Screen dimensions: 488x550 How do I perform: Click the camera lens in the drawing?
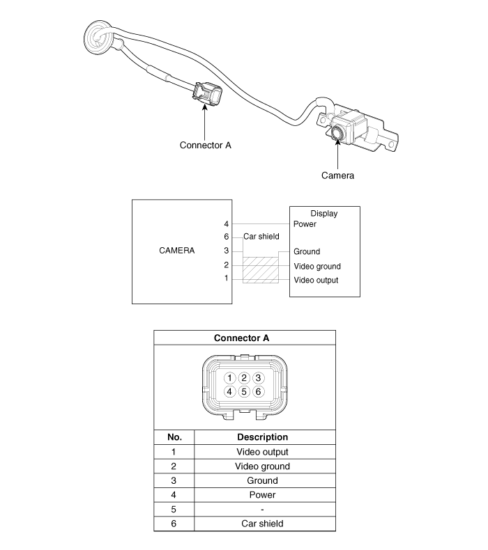[338, 133]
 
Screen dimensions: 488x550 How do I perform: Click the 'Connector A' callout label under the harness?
[205, 146]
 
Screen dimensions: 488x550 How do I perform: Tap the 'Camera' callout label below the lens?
[337, 175]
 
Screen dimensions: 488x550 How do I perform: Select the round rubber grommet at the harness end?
[99, 38]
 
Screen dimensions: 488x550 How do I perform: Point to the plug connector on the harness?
[207, 93]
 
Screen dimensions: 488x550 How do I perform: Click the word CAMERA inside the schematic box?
[176, 251]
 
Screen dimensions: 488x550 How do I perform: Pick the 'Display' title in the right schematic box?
[324, 214]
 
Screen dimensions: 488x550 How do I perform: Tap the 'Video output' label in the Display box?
[316, 280]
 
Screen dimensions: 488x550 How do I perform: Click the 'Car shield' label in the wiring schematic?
[261, 237]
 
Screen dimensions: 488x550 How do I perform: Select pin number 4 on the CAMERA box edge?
[227, 223]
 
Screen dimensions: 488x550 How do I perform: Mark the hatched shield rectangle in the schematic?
[261, 269]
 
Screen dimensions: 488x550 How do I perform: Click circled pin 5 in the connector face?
[244, 391]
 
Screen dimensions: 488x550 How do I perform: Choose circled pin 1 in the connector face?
[229, 378]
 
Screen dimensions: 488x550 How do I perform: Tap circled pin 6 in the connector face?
[258, 391]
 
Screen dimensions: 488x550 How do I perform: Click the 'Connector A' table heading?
[241, 338]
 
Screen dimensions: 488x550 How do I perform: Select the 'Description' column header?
[262, 437]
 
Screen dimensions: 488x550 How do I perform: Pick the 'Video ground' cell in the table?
[262, 466]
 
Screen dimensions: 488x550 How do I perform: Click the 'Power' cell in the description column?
[262, 495]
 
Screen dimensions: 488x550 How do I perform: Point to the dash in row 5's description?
[262, 510]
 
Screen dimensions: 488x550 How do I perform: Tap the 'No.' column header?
[174, 437]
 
